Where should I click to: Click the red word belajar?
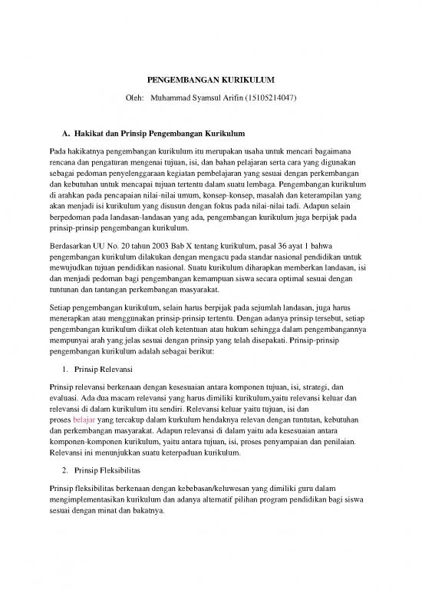tap(82, 421)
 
